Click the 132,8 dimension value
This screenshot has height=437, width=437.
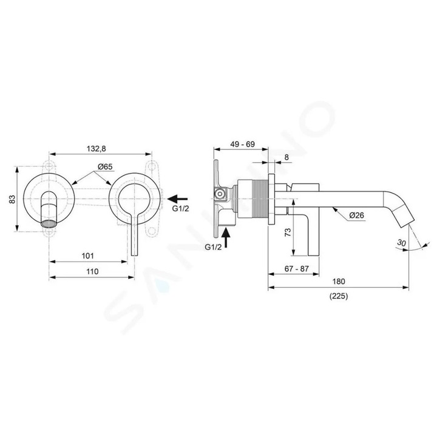(x=96, y=149)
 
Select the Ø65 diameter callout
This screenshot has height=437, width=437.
(x=105, y=167)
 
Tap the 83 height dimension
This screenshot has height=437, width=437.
(x=12, y=199)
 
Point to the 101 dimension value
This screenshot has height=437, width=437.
(x=87, y=256)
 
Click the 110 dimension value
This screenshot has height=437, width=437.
(x=92, y=271)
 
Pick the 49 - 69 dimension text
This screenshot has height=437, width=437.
(x=242, y=144)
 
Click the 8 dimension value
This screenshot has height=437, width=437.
(x=286, y=157)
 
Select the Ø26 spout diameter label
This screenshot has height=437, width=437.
(x=356, y=215)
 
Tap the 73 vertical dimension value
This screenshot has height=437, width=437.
(x=288, y=232)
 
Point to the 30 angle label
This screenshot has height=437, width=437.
(x=401, y=242)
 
